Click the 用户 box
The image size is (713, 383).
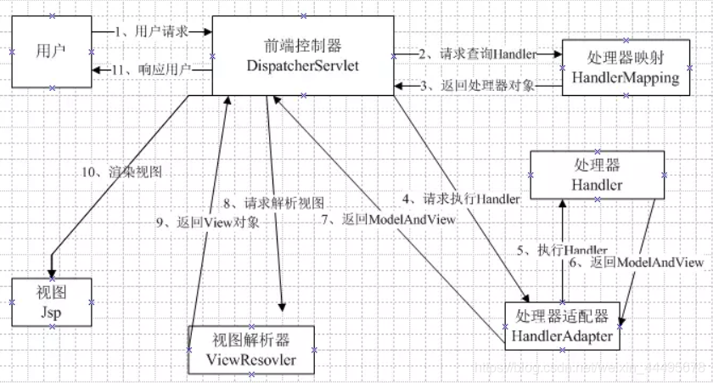tap(49, 51)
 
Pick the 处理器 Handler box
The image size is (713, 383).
tap(597, 175)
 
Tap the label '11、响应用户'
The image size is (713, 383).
tap(153, 70)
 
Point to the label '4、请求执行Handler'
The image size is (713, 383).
tap(460, 200)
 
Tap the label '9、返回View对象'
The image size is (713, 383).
tap(207, 222)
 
